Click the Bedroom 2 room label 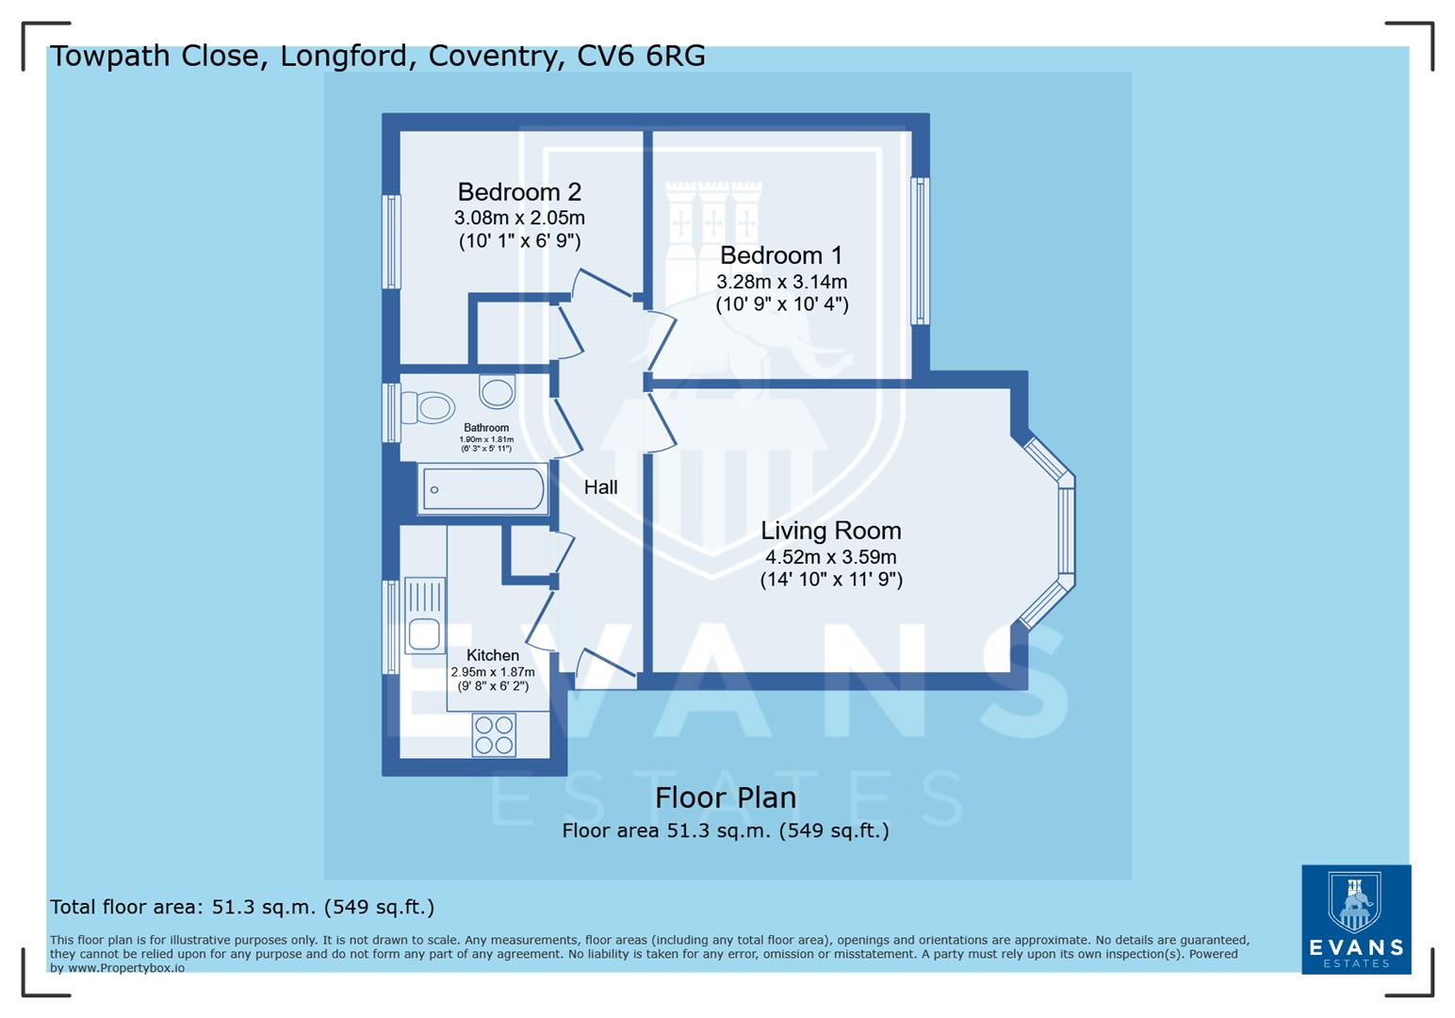(519, 192)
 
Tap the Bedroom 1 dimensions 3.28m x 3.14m (781, 282)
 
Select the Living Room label (830, 531)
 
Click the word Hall (600, 487)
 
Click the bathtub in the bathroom (482, 489)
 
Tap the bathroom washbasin (498, 389)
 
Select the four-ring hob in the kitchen (495, 734)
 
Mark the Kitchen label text (492, 655)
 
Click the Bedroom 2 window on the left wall (391, 241)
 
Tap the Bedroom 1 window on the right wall (920, 251)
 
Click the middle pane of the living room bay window (1066, 531)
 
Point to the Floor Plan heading (726, 797)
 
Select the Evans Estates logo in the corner (1355, 919)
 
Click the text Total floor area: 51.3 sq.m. (242, 907)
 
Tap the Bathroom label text (486, 428)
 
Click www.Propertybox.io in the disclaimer (126, 968)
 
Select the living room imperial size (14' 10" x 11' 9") (831, 580)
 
